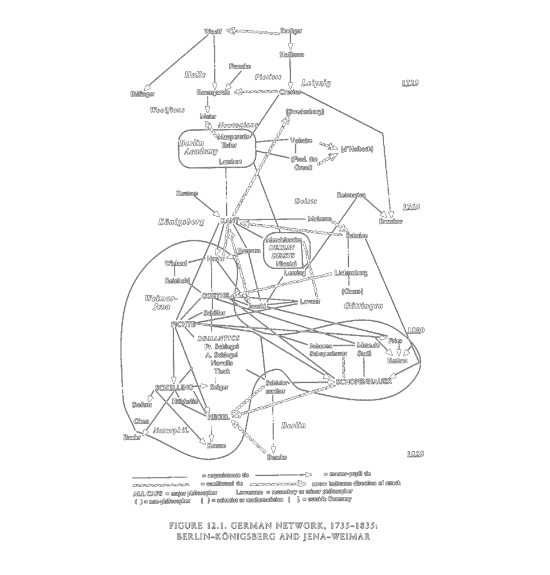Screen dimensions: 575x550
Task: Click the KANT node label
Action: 229,220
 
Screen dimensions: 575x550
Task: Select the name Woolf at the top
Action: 213,31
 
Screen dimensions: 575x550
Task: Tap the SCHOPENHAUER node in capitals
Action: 363,381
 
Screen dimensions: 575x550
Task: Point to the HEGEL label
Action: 218,417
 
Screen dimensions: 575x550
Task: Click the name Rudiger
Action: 291,31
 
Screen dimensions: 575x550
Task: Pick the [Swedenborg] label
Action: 305,112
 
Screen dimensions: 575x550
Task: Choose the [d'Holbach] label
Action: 356,149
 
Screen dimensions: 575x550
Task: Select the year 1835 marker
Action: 415,454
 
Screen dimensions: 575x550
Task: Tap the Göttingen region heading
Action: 364,306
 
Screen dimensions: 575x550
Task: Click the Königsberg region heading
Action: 181,222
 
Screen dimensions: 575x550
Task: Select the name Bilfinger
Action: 142,94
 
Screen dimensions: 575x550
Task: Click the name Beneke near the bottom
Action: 276,457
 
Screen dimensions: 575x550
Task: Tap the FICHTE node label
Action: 183,325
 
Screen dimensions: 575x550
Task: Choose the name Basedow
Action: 390,221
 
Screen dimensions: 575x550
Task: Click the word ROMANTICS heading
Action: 219,338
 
